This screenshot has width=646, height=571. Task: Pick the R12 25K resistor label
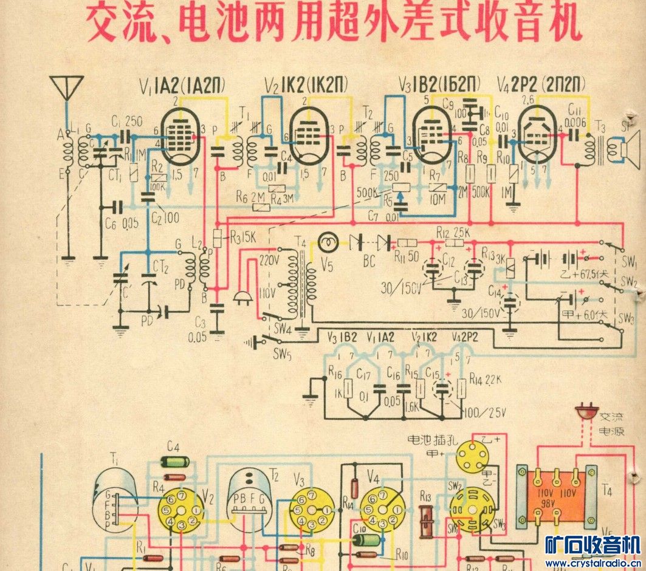pyautogui.click(x=451, y=233)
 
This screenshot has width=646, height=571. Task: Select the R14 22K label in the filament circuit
pyautogui.click(x=484, y=381)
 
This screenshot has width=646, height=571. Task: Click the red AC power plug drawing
pyautogui.click(x=585, y=414)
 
